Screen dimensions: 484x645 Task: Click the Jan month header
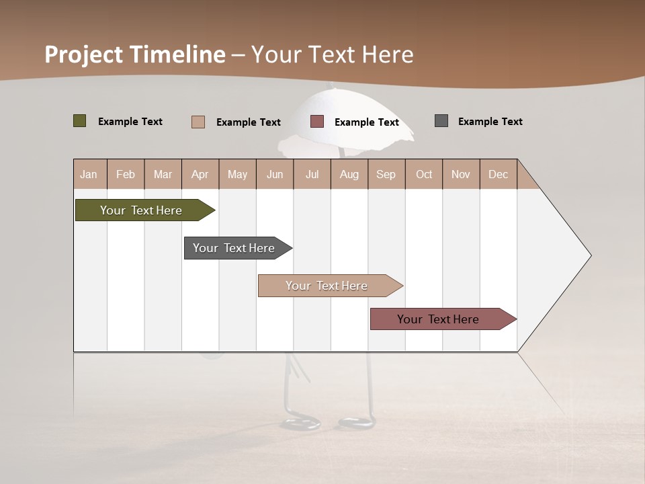89,174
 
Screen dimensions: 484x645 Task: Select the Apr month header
200,174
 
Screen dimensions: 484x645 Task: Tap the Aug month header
349,174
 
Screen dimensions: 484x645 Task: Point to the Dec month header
498,174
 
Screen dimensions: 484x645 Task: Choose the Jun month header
274,174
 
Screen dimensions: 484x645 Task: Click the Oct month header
423,174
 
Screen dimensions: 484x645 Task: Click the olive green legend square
79,121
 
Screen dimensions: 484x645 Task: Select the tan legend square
198,122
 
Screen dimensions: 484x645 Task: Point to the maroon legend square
317,121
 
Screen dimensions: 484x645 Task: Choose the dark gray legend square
441,121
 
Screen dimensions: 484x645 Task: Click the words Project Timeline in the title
134,54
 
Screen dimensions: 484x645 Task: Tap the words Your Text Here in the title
332,54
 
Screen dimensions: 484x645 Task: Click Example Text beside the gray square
490,122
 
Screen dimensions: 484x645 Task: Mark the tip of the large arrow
590,255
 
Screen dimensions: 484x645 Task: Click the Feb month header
126,174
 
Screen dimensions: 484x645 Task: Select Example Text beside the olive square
130,122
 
